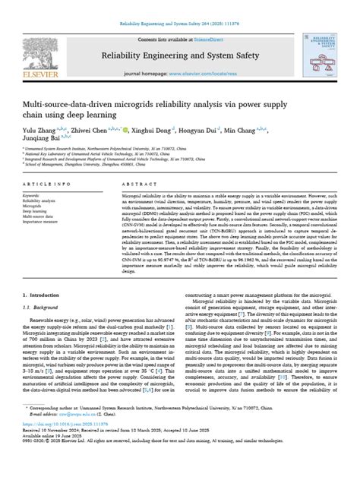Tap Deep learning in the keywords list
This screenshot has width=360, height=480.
coord(39,210)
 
